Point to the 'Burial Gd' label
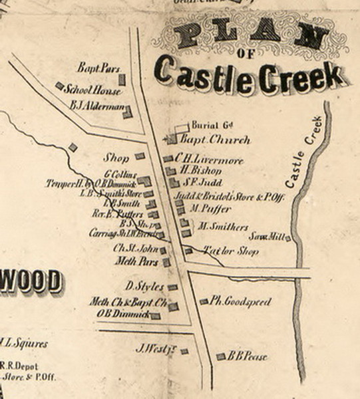(211, 125)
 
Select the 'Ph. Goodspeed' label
(240, 302)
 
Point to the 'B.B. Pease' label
(247, 356)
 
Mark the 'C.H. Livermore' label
(208, 160)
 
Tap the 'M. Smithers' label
(223, 227)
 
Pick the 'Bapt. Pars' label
(96, 68)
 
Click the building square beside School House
(59, 86)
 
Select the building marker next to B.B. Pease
(220, 356)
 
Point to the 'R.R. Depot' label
(18, 366)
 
